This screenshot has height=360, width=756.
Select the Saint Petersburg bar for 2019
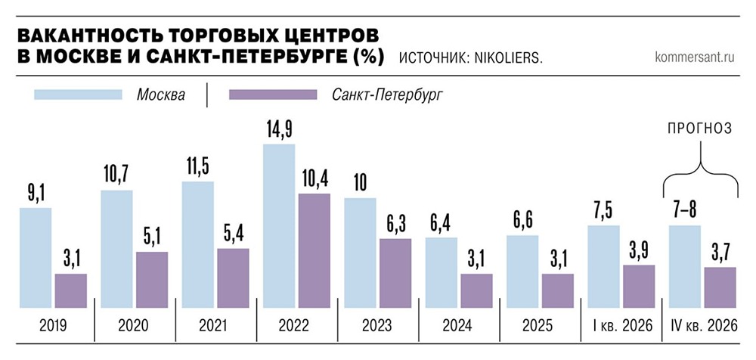(70, 290)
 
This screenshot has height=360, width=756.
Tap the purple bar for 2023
(395, 273)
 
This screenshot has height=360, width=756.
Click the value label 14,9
(278, 129)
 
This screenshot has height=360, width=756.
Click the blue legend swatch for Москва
(78, 95)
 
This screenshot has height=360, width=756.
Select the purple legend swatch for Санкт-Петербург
(272, 95)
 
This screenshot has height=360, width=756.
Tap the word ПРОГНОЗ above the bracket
(699, 129)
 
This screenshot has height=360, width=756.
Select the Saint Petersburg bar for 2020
(151, 279)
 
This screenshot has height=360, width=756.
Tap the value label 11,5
(198, 166)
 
